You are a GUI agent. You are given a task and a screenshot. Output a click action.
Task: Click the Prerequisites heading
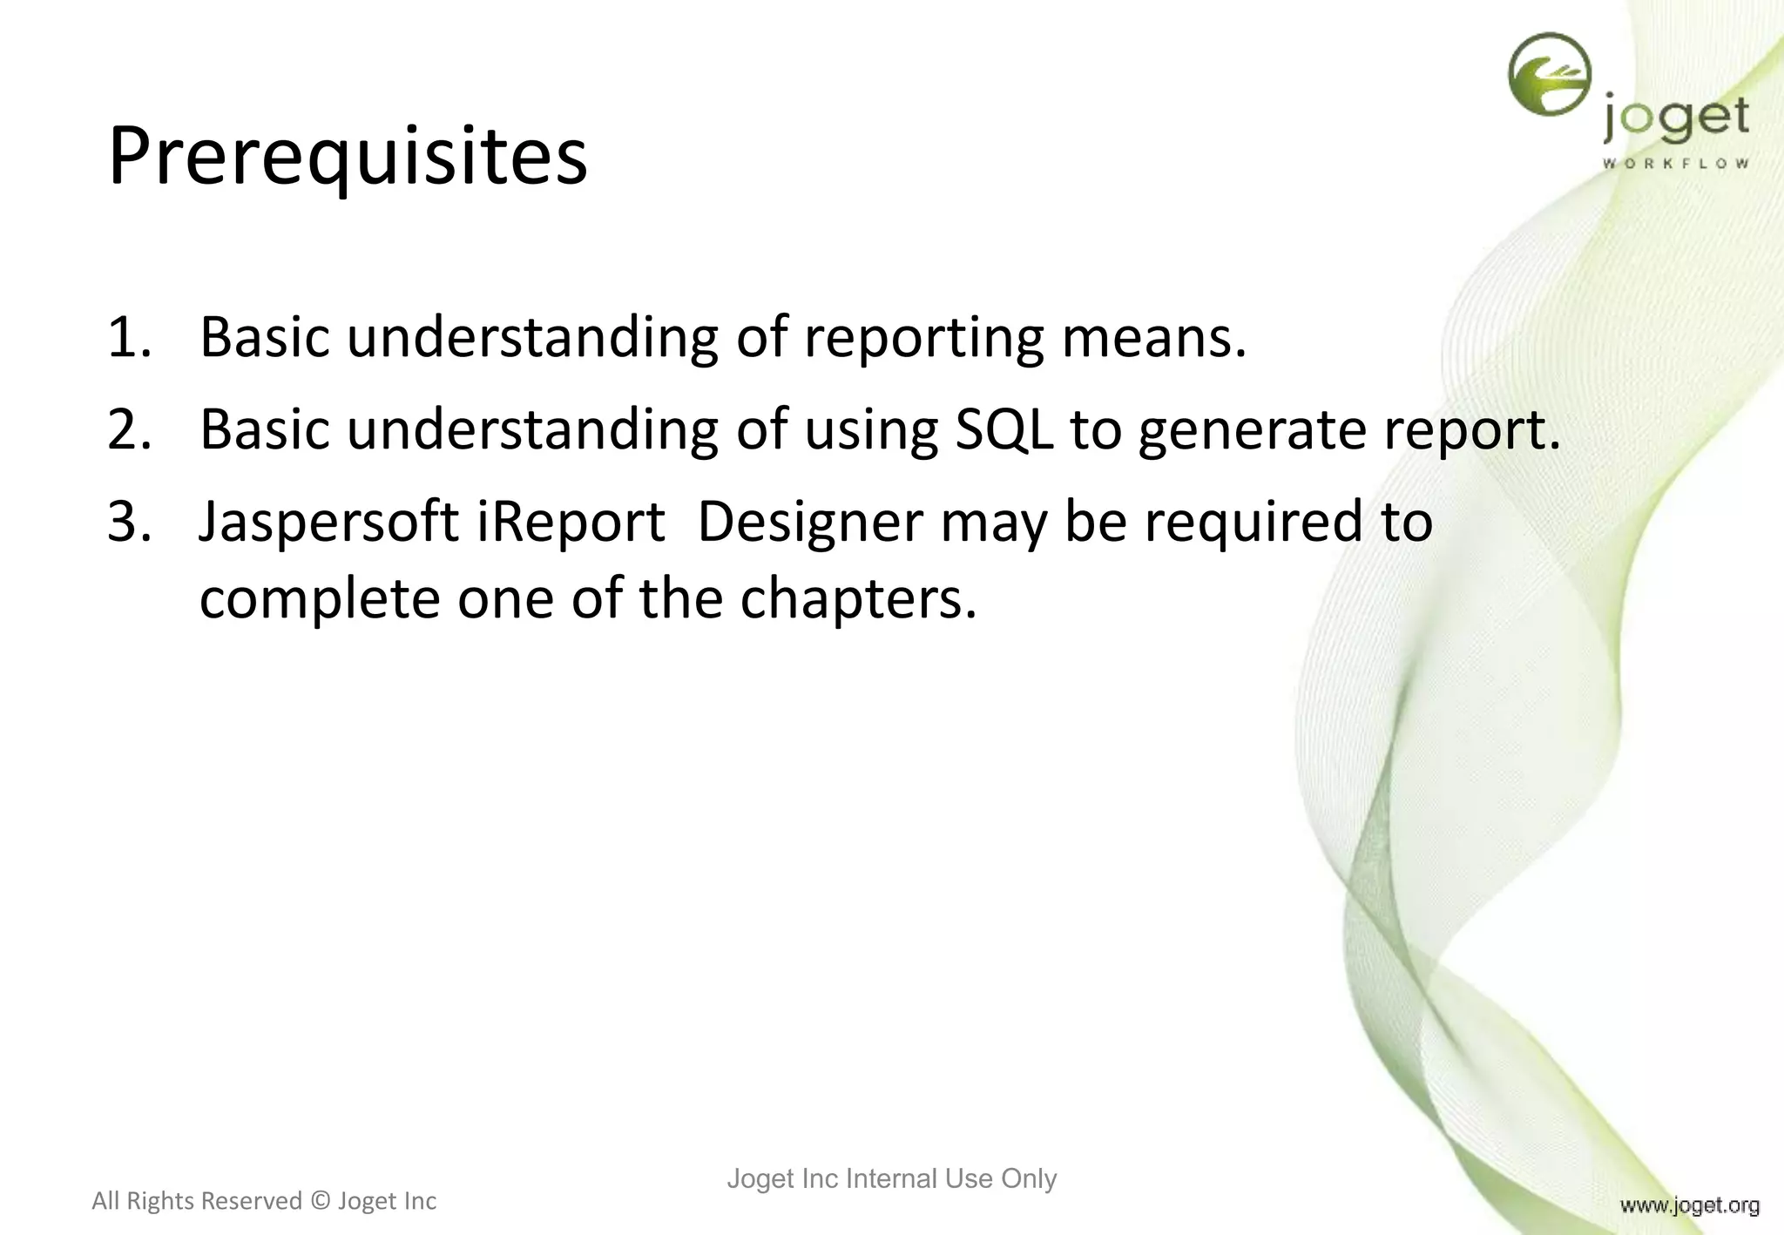coord(348,158)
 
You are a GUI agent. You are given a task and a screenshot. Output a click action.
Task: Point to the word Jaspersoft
coord(328,523)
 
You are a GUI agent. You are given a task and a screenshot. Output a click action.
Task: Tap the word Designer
coord(810,523)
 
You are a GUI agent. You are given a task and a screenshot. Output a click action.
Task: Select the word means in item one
coord(1153,337)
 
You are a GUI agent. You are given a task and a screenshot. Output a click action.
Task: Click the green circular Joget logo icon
coord(1550,75)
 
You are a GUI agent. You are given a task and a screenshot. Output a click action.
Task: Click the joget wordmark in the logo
coord(1675,119)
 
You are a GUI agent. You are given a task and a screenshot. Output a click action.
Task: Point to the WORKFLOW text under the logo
coord(1675,164)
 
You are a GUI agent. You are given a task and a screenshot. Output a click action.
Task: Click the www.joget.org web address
coord(1689,1205)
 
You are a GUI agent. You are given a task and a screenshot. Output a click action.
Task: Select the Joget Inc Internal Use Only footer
coord(891,1178)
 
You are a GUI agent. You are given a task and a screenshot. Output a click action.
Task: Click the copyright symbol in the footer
coord(320,1201)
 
